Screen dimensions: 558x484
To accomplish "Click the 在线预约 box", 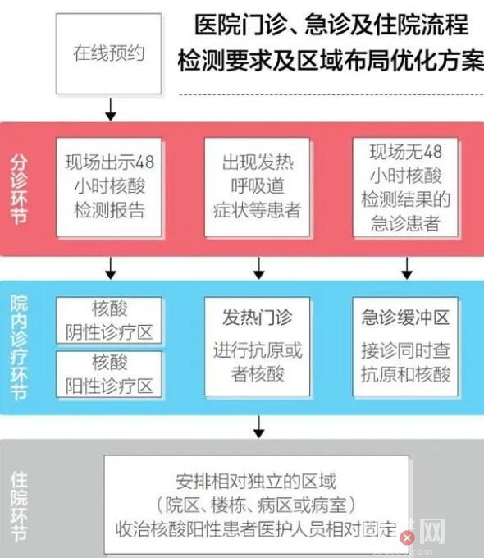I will click(109, 53).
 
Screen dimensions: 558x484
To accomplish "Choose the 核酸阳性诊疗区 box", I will click(109, 373).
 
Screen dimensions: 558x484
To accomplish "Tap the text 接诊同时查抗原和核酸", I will click(405, 362).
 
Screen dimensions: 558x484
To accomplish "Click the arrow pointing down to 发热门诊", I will click(258, 268).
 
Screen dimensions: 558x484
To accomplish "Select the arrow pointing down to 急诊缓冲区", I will click(406, 268).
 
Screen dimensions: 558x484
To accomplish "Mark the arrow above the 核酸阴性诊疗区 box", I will click(111, 268).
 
